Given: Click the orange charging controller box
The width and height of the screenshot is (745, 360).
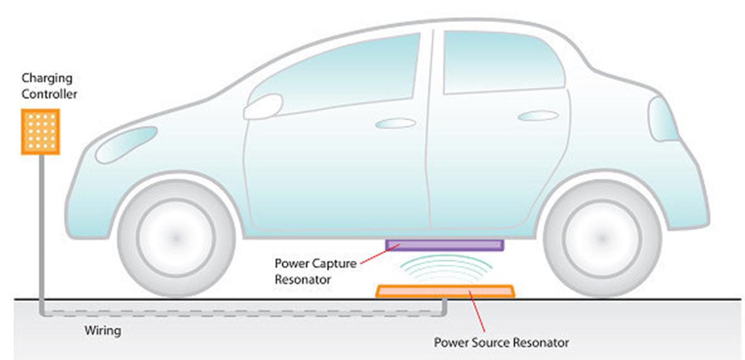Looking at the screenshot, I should (40, 131).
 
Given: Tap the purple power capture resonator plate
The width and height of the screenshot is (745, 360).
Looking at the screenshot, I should (445, 245).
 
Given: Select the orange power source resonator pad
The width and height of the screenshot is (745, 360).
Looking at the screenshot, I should (445, 291).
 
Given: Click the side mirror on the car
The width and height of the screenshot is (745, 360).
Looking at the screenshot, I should (263, 107).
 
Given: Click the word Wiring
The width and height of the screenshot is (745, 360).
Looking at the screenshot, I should (103, 331).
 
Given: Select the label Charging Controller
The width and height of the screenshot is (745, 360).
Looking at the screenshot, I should (49, 87).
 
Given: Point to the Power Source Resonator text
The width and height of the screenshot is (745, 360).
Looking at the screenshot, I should (501, 342).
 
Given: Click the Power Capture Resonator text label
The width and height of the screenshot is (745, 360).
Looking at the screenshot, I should (315, 271).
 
